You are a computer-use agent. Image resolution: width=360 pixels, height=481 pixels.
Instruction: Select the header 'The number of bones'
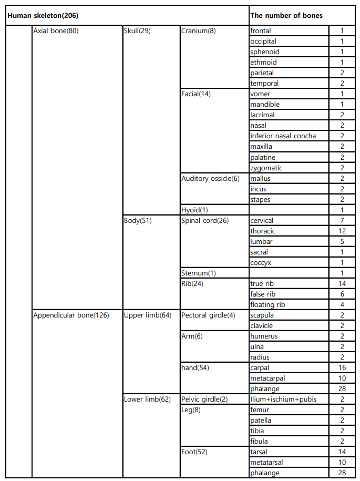pos(286,16)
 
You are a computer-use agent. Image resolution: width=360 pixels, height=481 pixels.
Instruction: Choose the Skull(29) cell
pos(137,31)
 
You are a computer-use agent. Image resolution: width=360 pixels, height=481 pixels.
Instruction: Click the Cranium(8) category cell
pos(198,31)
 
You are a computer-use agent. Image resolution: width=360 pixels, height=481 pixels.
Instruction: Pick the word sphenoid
pos(265,52)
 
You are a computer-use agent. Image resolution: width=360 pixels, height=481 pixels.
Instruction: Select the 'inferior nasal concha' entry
pos(283,136)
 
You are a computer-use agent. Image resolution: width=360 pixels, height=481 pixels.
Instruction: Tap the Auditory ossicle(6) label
pos(210,179)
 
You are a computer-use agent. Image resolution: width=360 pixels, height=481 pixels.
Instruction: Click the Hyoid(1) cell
pos(194,210)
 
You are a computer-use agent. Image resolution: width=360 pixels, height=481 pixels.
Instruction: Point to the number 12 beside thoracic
pos(342,231)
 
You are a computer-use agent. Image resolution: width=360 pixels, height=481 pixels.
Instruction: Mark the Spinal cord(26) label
pos(205,221)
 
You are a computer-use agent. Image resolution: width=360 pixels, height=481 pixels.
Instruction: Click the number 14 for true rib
pos(342,284)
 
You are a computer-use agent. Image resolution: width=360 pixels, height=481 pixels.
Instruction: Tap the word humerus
pos(264,336)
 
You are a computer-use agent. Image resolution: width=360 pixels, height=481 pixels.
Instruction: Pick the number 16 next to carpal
pos(342,368)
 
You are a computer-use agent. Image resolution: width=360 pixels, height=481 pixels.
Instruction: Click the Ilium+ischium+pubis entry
pos(283,400)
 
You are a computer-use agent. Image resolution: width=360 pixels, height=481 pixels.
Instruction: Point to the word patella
pos(261,421)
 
